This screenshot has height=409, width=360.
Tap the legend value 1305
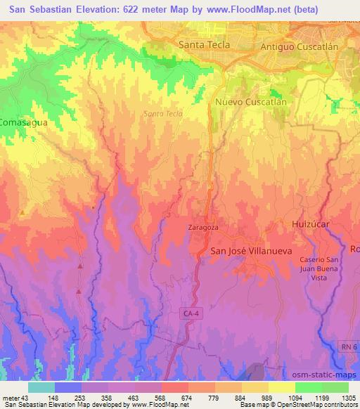(345, 397)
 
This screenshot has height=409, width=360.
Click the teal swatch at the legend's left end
(41, 387)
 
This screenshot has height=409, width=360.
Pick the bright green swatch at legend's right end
(335, 387)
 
